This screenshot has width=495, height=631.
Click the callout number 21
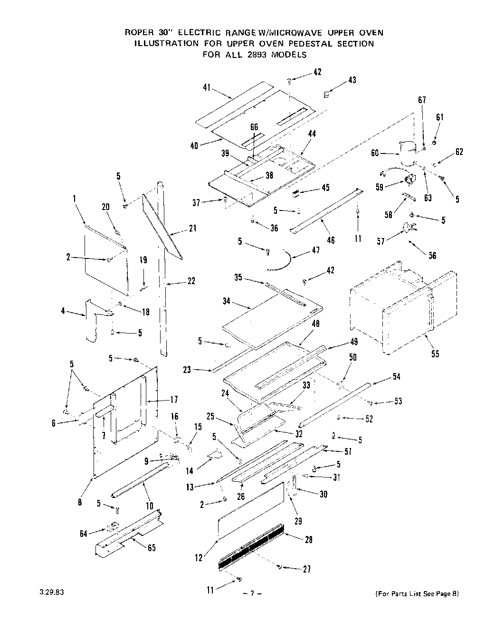point(192,229)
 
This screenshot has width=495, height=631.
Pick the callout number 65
point(152,547)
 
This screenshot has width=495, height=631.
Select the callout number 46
point(331,240)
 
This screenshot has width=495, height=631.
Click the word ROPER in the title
point(138,33)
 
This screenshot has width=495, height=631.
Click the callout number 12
point(200,558)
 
